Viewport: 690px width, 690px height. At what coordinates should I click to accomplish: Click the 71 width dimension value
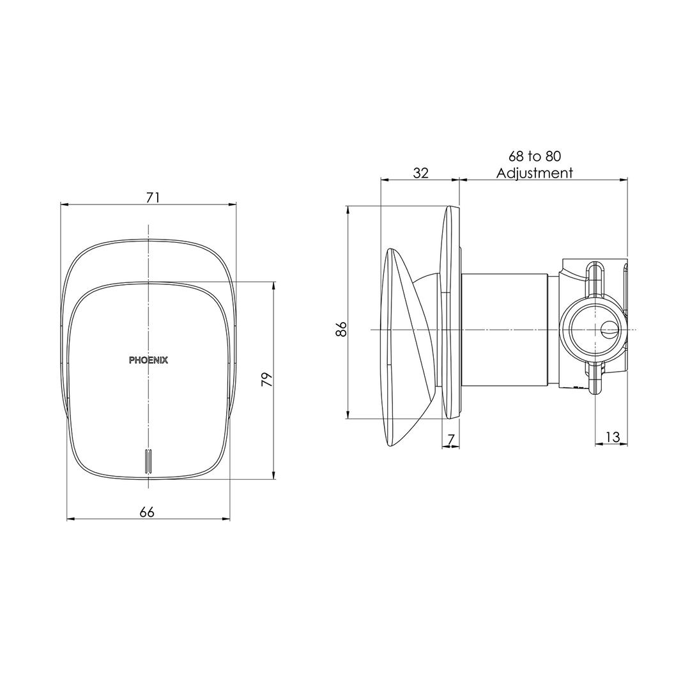tap(153, 197)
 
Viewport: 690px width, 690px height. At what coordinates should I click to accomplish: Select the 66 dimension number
tap(147, 512)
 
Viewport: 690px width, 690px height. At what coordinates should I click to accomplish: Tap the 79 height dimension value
tap(267, 379)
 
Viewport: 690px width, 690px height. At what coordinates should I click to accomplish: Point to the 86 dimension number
tap(341, 329)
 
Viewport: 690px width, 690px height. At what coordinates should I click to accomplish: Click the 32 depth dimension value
tap(420, 173)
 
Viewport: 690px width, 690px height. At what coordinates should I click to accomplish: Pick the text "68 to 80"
tap(535, 157)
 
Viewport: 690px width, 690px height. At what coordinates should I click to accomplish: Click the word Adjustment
tap(535, 173)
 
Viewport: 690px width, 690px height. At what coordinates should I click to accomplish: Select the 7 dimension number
tap(450, 439)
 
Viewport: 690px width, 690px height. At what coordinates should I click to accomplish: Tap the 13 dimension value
tap(612, 437)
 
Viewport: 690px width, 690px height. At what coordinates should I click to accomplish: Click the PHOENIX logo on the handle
tap(148, 360)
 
